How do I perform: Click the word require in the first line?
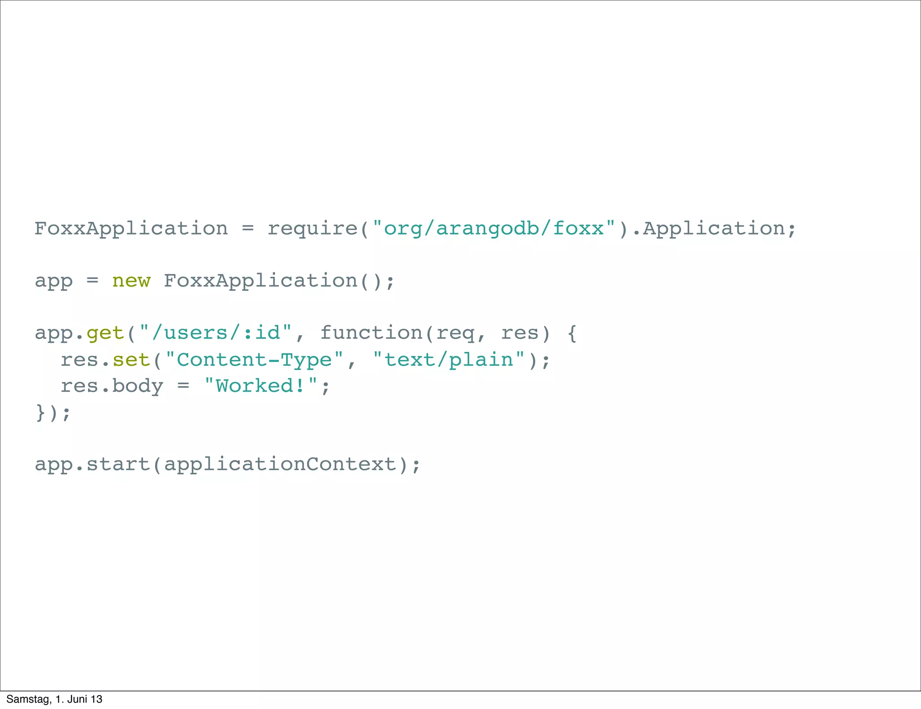[x=313, y=229]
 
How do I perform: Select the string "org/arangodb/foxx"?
[x=494, y=229]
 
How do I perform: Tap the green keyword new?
[x=131, y=281]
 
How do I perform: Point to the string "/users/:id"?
[x=216, y=333]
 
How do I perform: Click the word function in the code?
[x=371, y=333]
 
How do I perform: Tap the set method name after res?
[x=131, y=360]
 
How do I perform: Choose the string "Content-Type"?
[x=254, y=360]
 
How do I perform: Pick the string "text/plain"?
[x=449, y=360]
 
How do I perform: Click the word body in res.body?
[x=137, y=386]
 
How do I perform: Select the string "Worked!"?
[x=261, y=386]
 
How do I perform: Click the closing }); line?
[x=53, y=413]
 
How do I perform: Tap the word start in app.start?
[x=118, y=465]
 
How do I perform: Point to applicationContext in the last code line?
[x=280, y=465]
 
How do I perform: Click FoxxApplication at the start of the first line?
[x=131, y=229]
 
